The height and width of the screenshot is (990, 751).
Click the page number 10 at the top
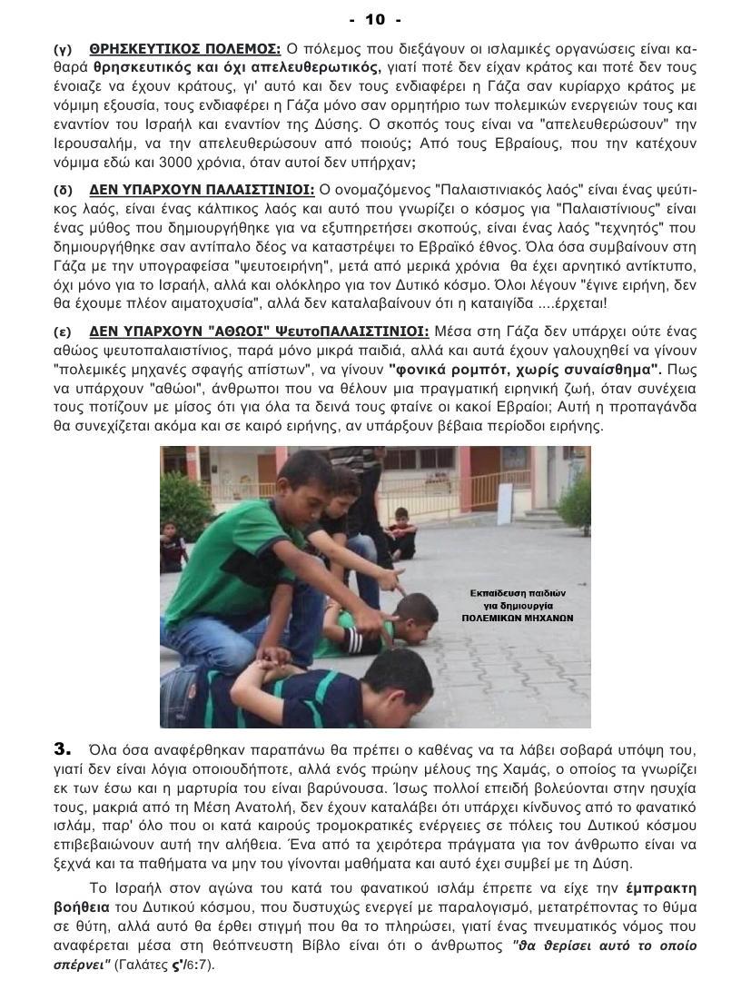tap(374, 19)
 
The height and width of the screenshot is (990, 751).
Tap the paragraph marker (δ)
tap(63, 190)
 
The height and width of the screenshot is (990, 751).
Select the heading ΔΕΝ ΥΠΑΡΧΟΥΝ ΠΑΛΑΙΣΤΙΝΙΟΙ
tap(202, 190)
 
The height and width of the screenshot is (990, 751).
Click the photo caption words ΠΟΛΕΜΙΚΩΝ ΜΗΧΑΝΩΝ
tap(525, 618)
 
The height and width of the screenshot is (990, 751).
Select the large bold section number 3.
tap(62, 749)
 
